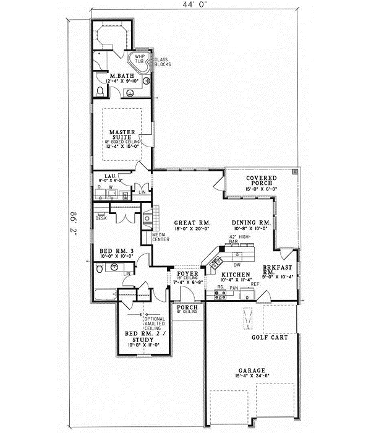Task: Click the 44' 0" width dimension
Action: tap(191, 6)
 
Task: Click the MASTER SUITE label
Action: tap(122, 135)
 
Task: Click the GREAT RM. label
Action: tap(186, 223)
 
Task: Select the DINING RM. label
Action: tap(251, 223)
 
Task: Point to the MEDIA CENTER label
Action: tap(152, 236)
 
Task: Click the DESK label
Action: tap(101, 217)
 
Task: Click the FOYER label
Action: tap(187, 273)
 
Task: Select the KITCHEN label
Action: tap(236, 273)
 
